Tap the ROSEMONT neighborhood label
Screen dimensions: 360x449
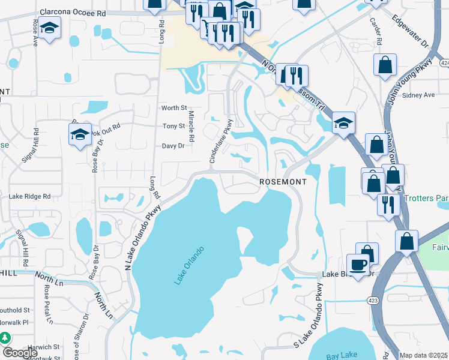click(283, 181)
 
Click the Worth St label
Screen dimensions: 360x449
click(174, 108)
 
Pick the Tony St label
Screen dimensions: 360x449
click(173, 127)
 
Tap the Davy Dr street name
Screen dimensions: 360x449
click(173, 146)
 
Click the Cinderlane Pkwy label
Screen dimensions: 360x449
click(220, 141)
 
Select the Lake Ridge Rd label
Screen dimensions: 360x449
click(29, 196)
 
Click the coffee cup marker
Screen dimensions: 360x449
click(358, 265)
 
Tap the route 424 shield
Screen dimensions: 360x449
click(444, 62)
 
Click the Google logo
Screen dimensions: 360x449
click(19, 353)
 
